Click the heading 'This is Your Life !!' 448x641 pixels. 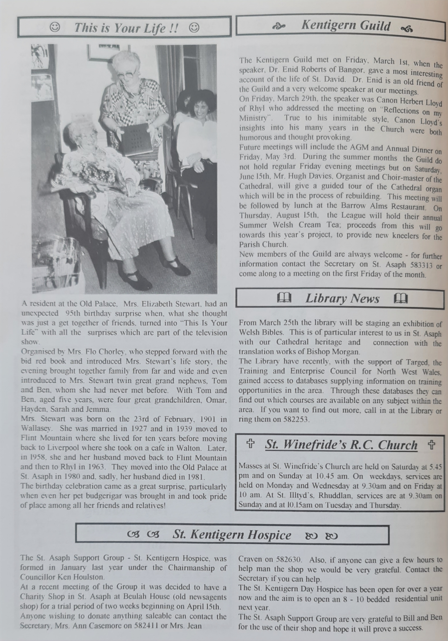pyautogui.click(x=126, y=28)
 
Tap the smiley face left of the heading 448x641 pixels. pyautogui.click(x=55, y=27)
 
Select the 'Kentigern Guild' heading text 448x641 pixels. pyautogui.click(x=345, y=26)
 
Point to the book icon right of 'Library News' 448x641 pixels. pyautogui.click(x=400, y=299)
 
